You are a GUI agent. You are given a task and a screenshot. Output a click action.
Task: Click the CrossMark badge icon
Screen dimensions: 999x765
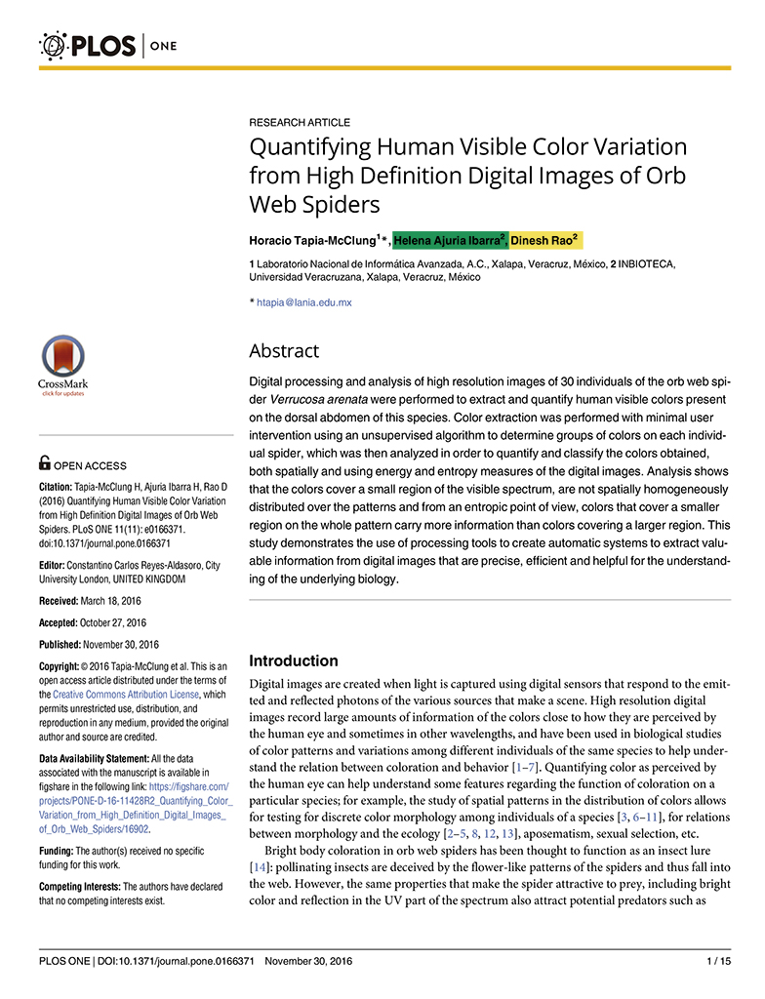click(62, 367)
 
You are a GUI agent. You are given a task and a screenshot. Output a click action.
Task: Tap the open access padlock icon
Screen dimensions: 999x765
click(45, 463)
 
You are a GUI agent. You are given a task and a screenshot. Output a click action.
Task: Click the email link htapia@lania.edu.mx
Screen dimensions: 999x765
click(304, 302)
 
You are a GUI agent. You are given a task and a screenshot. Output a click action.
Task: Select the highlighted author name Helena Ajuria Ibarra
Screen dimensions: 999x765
click(449, 240)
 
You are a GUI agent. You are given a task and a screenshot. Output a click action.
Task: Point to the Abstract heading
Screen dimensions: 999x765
click(284, 351)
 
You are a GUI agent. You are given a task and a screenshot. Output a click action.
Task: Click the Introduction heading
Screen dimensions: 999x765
click(294, 660)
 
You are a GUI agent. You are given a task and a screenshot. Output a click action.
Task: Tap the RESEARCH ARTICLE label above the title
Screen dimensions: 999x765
click(300, 123)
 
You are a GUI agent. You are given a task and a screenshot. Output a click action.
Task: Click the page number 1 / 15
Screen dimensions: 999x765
click(718, 962)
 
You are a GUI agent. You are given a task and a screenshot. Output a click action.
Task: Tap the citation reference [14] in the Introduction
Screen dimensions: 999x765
click(260, 867)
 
